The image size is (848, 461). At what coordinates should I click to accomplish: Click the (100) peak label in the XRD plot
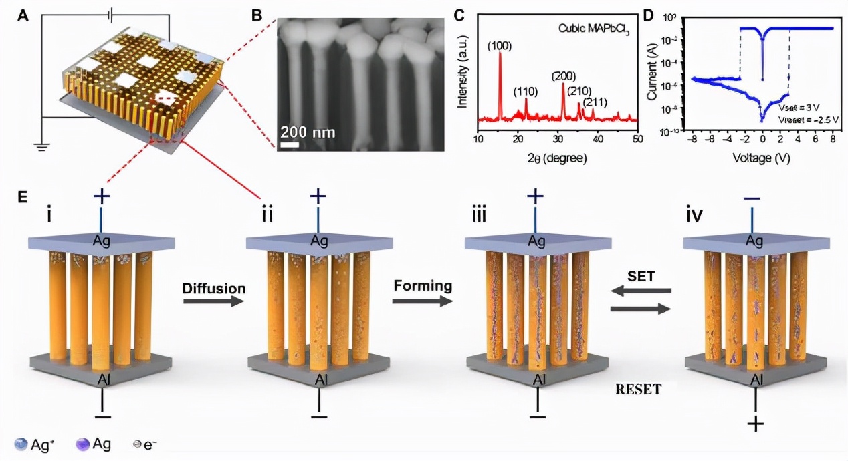[499, 45]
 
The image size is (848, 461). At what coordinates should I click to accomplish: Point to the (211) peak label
[595, 102]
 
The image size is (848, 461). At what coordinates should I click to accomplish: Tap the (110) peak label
[526, 92]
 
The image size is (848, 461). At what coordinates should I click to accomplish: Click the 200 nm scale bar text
[308, 131]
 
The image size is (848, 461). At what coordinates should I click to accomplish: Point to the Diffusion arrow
[210, 302]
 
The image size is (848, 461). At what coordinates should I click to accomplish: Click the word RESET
[639, 389]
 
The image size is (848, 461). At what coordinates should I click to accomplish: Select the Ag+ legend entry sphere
[21, 444]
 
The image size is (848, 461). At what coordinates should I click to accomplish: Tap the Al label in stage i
[102, 381]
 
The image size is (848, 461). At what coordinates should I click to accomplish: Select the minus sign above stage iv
[752, 198]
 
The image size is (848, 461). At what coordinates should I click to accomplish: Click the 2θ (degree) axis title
[556, 159]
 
